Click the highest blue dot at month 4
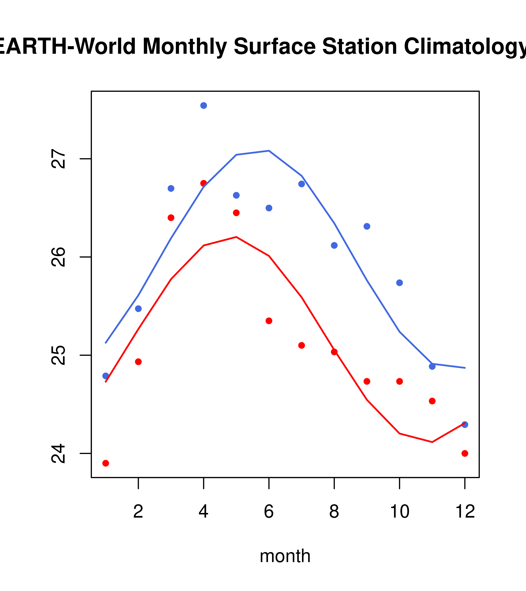[x=203, y=105]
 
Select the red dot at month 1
[x=106, y=463]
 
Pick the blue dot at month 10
[x=399, y=283]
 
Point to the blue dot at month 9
[x=367, y=226]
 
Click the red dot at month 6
[x=269, y=321]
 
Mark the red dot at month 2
[x=138, y=362]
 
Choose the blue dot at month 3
[x=171, y=189]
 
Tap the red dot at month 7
[x=302, y=346]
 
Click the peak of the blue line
[x=269, y=151]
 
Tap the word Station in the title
[x=360, y=47]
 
